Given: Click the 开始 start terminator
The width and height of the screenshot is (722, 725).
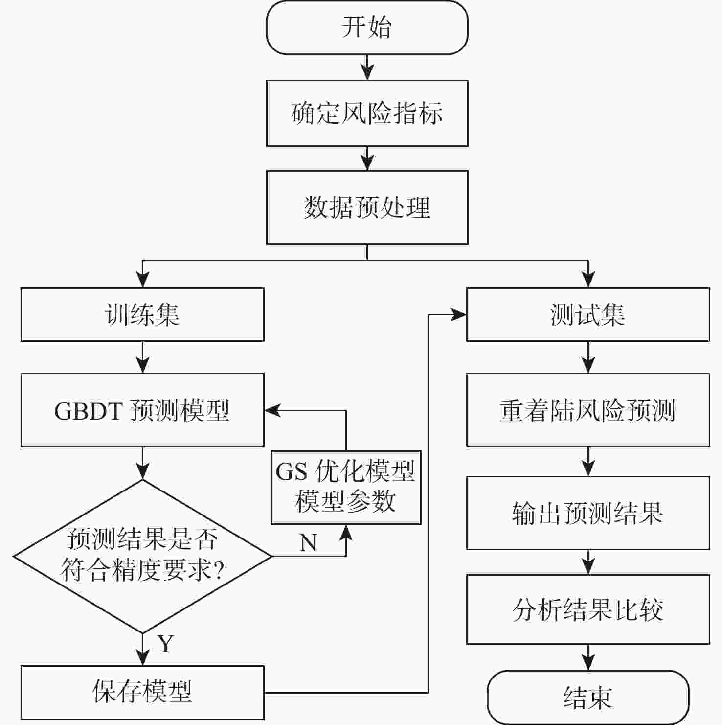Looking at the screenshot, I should click(367, 27).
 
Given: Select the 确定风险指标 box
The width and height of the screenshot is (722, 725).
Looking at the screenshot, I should click(367, 113).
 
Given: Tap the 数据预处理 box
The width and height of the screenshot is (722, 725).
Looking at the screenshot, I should click(367, 207).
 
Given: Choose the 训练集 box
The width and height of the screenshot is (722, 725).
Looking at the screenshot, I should click(142, 314).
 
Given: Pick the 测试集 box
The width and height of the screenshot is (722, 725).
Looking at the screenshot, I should click(588, 314).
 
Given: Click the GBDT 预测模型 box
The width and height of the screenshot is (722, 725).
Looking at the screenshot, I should click(142, 410).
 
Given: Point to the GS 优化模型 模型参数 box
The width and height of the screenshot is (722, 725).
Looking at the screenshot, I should click(346, 487).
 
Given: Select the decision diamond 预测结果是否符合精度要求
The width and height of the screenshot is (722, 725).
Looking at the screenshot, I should click(142, 556).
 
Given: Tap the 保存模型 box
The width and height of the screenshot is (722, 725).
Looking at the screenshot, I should click(142, 692).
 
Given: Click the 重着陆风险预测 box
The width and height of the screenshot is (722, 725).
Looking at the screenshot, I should click(588, 410).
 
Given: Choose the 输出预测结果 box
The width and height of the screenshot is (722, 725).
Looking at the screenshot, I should click(588, 513).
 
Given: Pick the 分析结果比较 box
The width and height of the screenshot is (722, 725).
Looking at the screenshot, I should click(588, 609).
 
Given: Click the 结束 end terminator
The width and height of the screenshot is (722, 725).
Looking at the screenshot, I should click(588, 697).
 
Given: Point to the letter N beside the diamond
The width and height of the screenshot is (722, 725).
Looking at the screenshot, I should click(308, 542).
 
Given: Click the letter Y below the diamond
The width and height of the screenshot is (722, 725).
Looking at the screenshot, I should click(166, 644).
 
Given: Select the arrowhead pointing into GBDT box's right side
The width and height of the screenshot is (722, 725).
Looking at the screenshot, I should click(272, 410).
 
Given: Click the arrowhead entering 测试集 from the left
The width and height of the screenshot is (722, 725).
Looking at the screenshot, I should click(459, 315).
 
